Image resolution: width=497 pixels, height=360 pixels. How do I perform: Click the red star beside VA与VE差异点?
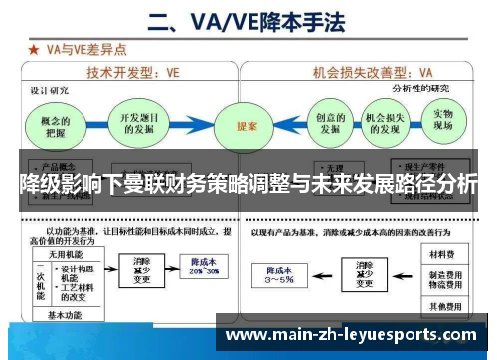(32, 47)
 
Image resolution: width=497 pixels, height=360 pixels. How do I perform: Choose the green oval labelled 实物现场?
(442, 121)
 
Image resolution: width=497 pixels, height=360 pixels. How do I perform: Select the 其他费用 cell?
(439, 305)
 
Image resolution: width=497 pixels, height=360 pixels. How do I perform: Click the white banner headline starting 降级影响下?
(248, 183)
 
